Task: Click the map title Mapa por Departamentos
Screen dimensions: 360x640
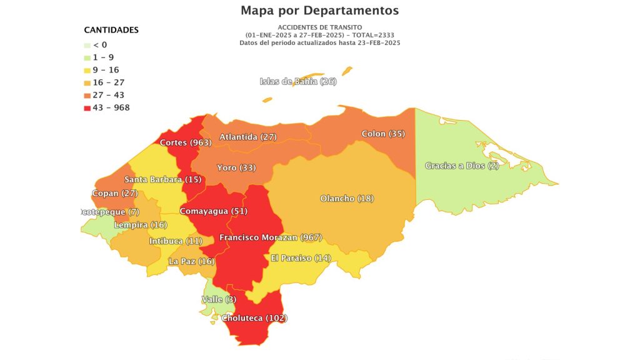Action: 319,11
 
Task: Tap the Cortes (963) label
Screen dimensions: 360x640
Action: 186,142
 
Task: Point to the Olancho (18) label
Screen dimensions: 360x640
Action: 347,198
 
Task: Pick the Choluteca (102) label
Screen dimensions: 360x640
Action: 255,317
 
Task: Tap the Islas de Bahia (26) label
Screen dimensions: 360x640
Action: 297,82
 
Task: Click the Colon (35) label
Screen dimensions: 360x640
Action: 383,134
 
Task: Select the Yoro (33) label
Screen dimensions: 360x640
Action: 236,167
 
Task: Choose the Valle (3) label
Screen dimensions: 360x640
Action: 219,299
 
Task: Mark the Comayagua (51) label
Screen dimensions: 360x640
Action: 204,211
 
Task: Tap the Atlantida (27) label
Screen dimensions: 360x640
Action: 247,136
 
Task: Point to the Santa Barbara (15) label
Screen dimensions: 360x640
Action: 153,180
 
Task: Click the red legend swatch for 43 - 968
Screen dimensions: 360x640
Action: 87,107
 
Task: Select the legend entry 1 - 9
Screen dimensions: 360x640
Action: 103,57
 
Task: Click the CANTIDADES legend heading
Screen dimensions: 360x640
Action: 111,30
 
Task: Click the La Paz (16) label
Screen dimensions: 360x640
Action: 191,261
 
